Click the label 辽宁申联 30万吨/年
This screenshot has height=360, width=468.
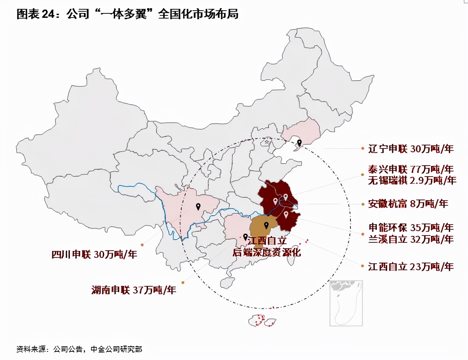(x=411, y=149)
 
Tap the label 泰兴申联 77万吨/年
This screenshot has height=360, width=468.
(x=411, y=169)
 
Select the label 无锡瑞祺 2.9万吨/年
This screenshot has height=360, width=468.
(x=412, y=180)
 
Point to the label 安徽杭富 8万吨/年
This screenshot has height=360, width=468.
(x=408, y=204)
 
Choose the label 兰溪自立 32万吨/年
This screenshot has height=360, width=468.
(x=411, y=239)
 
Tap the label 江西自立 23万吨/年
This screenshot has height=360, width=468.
(x=411, y=266)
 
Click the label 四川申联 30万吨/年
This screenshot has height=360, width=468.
(x=94, y=254)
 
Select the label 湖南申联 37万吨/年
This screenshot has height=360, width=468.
(x=134, y=290)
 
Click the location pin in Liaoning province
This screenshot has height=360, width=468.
(x=299, y=143)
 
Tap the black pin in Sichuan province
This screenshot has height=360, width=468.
(x=198, y=206)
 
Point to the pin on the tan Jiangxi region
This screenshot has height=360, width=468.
(x=266, y=225)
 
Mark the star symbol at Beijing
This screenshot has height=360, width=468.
(x=267, y=142)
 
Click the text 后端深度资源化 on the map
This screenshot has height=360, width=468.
(x=267, y=253)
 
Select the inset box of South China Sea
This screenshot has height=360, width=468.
(x=346, y=303)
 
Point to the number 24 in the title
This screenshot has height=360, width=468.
(x=48, y=14)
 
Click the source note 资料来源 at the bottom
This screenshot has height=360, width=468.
(x=31, y=349)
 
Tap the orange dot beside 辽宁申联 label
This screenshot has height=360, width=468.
(x=362, y=149)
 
